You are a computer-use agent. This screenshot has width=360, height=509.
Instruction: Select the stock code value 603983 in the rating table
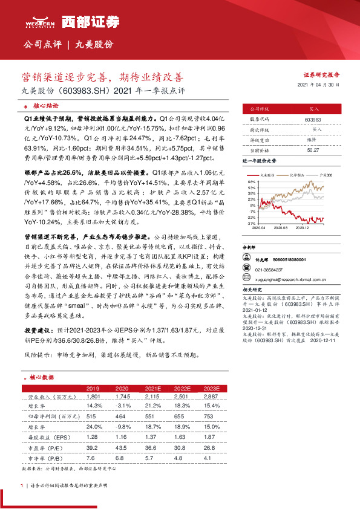[313, 120]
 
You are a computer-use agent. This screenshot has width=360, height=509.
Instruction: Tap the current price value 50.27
[313, 149]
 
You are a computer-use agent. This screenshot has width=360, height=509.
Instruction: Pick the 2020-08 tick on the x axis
[281, 229]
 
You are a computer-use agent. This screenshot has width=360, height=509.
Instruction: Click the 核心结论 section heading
[43, 105]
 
